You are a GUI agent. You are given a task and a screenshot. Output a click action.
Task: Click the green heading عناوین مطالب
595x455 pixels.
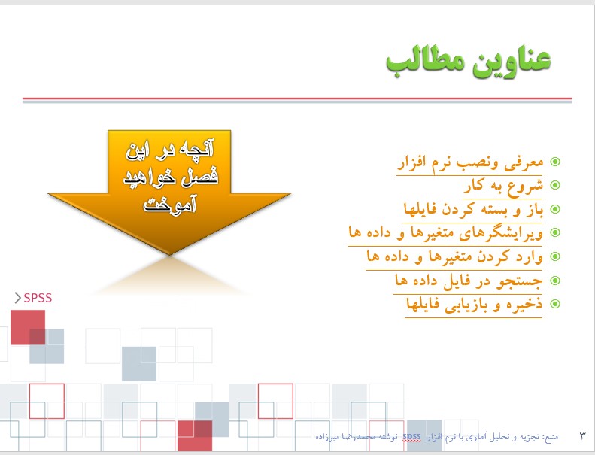(469, 62)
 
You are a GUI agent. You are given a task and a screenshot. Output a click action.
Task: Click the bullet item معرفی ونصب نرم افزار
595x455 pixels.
(471, 162)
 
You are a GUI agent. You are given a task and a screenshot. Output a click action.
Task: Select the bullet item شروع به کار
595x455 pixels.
(503, 186)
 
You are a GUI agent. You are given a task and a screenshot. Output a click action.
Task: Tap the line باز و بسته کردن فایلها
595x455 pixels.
(474, 209)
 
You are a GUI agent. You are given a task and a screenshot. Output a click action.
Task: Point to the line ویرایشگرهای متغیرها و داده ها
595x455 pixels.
(446, 232)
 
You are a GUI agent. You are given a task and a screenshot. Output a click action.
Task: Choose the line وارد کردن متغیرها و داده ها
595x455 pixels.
(455, 256)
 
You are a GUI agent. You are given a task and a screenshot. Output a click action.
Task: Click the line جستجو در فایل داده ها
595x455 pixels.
(469, 281)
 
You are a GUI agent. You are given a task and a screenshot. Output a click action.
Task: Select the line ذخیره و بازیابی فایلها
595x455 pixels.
(475, 304)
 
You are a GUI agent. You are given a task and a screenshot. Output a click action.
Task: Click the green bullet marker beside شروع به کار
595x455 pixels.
(555, 185)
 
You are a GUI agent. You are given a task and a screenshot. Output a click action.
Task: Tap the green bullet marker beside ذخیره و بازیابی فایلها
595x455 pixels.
(555, 304)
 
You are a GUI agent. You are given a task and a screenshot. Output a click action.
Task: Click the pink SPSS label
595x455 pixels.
(38, 298)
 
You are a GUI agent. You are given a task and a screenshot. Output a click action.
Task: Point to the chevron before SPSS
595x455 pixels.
(17, 298)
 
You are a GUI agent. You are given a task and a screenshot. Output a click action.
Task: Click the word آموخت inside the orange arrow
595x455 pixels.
(169, 203)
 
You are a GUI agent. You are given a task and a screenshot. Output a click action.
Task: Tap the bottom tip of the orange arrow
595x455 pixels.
(169, 254)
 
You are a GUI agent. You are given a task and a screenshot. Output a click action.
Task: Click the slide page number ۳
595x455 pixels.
(582, 435)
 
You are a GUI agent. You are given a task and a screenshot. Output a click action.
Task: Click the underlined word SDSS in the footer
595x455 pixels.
(411, 437)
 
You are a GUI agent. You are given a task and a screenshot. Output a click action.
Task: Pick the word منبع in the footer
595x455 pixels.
(551, 437)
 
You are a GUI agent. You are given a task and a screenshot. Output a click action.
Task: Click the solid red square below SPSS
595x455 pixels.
(28, 327)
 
